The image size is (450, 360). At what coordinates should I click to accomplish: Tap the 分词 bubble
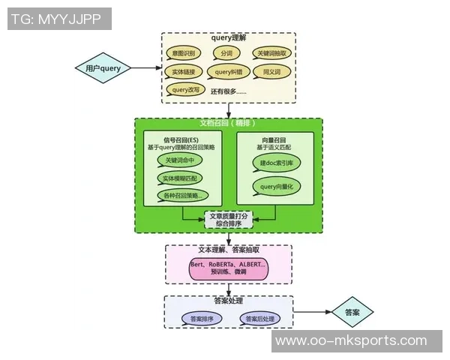click(x=226, y=54)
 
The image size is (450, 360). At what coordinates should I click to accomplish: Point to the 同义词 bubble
click(x=271, y=72)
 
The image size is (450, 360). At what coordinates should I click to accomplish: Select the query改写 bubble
click(x=184, y=90)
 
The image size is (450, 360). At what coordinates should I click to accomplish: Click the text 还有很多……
click(x=229, y=91)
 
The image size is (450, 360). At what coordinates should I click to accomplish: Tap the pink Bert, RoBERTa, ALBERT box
click(x=228, y=268)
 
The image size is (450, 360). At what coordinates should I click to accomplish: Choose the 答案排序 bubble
click(x=202, y=319)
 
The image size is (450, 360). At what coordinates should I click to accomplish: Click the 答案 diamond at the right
click(x=352, y=312)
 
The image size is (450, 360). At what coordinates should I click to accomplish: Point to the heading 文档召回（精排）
click(x=229, y=123)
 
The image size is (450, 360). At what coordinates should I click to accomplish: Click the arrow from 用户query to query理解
click(x=146, y=68)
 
